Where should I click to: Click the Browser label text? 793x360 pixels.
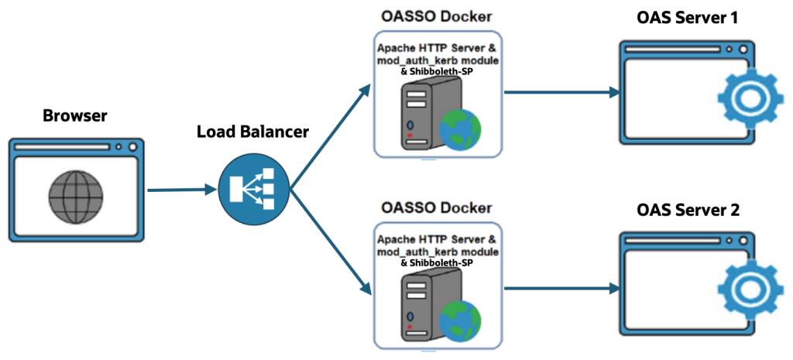[74, 117]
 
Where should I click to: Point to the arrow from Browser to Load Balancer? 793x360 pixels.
[182, 189]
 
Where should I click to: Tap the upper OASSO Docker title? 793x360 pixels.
[438, 17]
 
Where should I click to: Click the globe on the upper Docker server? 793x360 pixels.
[460, 129]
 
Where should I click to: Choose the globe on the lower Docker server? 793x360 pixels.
[460, 321]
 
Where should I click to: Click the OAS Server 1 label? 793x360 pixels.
[688, 17]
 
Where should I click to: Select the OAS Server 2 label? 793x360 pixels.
[688, 209]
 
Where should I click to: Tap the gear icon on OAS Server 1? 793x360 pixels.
[742, 99]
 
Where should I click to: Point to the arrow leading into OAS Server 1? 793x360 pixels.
[561, 92]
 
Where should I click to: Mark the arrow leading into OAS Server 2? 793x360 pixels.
[561, 288]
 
